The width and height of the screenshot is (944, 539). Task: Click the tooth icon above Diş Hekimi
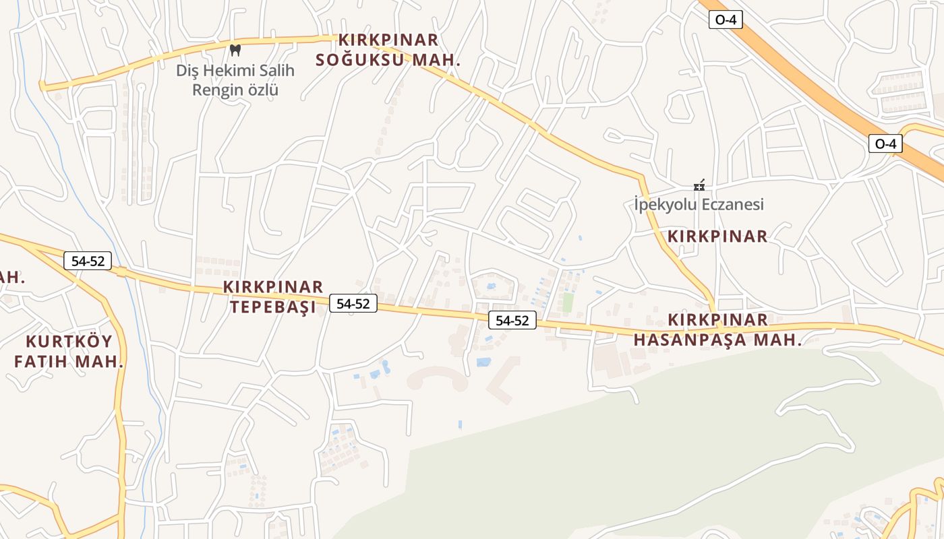click(x=235, y=50)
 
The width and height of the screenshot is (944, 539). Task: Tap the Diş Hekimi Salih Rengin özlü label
click(x=235, y=80)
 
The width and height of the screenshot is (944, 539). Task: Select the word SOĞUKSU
click(x=360, y=60)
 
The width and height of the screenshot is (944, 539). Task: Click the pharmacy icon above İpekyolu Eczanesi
click(x=699, y=185)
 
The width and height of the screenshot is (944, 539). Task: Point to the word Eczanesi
click(x=730, y=204)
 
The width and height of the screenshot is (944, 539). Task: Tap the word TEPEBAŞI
click(x=273, y=308)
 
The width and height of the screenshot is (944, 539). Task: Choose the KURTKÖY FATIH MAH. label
click(x=69, y=351)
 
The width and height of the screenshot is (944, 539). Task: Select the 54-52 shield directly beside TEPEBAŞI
click(x=353, y=303)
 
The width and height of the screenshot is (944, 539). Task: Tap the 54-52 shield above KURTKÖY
click(x=88, y=261)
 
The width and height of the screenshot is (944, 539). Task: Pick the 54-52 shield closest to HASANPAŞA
click(x=512, y=320)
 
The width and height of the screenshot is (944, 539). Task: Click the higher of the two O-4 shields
click(x=726, y=20)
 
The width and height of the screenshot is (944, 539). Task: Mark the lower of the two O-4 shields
click(x=885, y=144)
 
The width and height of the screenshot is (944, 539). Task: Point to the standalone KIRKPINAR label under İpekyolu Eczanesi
click(x=717, y=236)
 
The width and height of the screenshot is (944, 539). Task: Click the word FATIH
click(x=41, y=361)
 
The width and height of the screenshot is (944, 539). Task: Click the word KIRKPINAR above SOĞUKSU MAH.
click(x=388, y=40)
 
